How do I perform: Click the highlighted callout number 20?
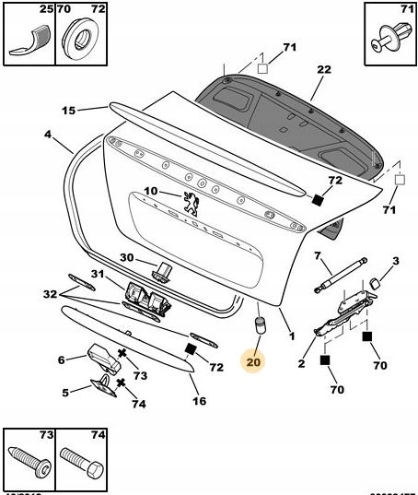point(254,362)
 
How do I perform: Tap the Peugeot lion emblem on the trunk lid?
point(192,204)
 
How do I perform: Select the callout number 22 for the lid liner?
point(323,70)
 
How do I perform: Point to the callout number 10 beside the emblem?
point(151,192)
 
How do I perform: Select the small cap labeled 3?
point(377,281)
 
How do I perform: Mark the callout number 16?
point(199,401)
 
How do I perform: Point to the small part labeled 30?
point(163,270)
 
